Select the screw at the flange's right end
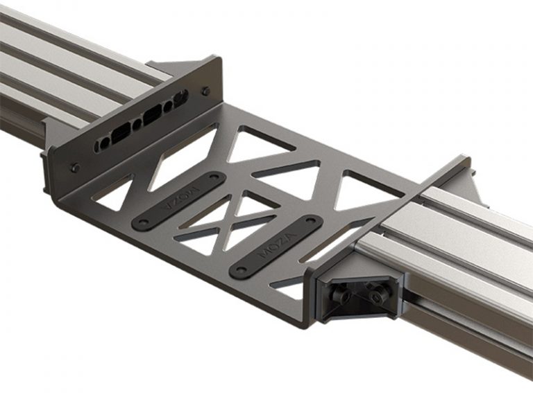point(205,91)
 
